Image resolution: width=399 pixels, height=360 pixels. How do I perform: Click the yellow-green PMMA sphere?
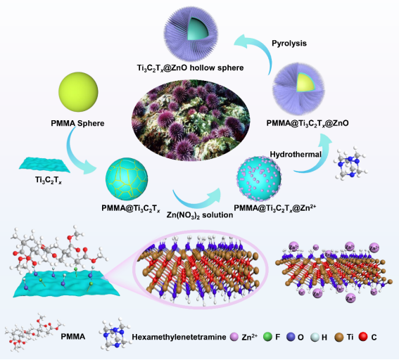coord(78,92)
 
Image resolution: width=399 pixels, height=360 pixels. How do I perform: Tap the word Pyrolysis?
coord(289,44)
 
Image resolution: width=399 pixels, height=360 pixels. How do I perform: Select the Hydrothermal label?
coord(296,154)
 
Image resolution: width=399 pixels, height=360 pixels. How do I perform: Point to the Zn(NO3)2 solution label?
coord(200,215)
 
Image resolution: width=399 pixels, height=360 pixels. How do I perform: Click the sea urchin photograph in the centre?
coord(191,120)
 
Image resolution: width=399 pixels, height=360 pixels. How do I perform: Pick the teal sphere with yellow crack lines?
coord(127,179)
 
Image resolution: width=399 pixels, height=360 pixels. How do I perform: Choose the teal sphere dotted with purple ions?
coord(259,178)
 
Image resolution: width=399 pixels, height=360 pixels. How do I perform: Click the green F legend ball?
coord(268,337)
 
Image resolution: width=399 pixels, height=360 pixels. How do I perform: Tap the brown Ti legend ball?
coord(339,337)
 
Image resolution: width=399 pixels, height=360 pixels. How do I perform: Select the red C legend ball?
coord(363,337)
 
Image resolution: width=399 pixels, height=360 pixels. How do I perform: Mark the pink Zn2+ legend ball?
coord(234,337)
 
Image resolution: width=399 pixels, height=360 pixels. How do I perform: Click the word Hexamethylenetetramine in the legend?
coord(179,337)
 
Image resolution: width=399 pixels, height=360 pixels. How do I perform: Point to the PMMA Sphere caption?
coord(77,123)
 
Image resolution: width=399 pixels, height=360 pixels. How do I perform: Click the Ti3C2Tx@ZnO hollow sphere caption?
coord(190,68)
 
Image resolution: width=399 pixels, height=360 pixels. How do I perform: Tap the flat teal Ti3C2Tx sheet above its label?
coord(45,165)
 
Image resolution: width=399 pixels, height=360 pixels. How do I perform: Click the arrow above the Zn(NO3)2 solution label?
coord(196,200)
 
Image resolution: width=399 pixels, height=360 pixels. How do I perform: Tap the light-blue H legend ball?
coord(315,337)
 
